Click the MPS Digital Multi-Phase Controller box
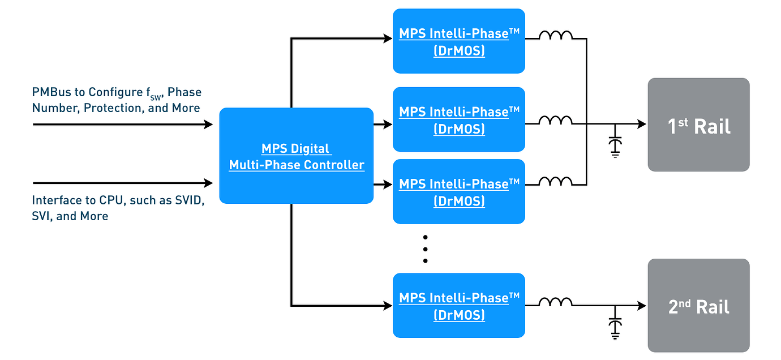tap(297, 156)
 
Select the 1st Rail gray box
tap(699, 125)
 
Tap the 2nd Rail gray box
tap(699, 305)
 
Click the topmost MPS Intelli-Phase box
tap(459, 41)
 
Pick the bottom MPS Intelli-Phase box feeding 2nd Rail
tap(459, 305)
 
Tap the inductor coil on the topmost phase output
tap(556, 35)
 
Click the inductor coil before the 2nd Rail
tap(556, 302)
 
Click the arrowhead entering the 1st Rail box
tap(642, 124)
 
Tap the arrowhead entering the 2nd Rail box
tap(642, 306)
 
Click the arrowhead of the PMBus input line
tap(208, 124)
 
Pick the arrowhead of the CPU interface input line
tap(208, 183)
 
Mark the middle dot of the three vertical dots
tap(426, 249)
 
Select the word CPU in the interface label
tap(111, 200)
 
